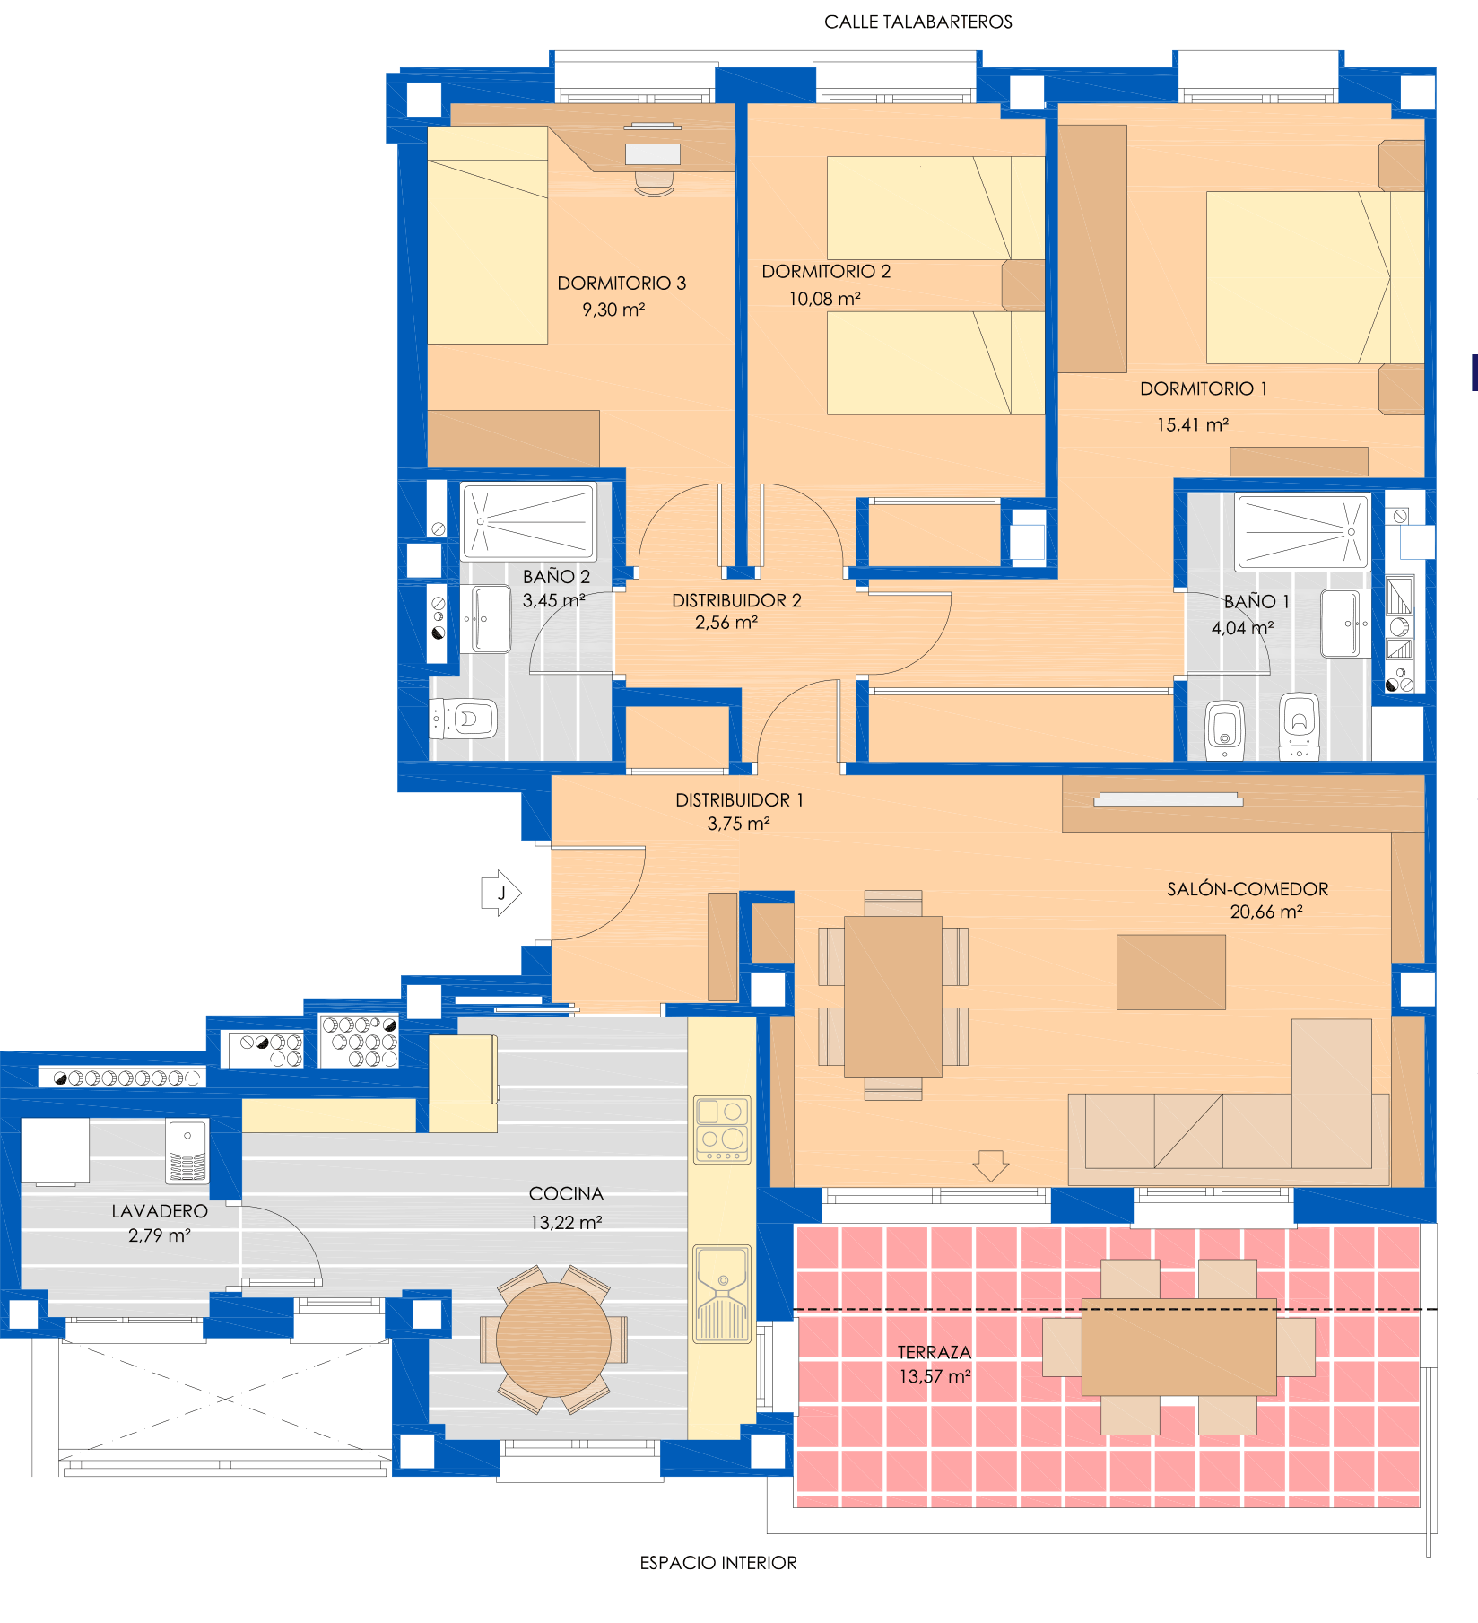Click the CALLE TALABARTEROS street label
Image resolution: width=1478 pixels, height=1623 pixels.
coord(917,22)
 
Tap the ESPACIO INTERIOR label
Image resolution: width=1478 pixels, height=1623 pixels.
coord(718,1563)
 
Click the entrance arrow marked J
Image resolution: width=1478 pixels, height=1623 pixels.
coord(501,893)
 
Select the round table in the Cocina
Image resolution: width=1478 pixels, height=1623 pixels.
coord(553,1339)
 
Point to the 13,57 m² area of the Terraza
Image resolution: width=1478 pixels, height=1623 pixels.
coord(935,1376)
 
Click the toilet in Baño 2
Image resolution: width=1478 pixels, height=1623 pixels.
coord(465,719)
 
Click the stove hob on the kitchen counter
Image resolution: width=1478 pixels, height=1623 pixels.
coord(723,1130)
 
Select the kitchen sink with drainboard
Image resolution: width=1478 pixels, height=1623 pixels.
coord(722,1294)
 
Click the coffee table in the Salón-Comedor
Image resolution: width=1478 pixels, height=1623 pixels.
coord(1170,972)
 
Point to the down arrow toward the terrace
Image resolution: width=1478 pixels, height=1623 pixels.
coord(991,1165)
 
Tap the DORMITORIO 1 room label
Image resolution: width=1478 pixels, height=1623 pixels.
coord(1204,388)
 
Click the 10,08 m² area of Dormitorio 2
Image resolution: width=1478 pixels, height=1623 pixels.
coord(824,299)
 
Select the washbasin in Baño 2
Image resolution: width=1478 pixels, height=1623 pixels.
coord(491,619)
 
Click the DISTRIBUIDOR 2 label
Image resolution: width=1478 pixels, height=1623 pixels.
coord(736,600)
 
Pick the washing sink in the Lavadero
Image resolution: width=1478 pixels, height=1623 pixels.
coord(187,1151)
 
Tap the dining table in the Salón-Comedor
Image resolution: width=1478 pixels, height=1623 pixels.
coord(893,996)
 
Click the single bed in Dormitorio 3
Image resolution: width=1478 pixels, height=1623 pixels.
coord(487,235)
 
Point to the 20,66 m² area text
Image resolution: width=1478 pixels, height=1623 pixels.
coord(1265,912)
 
